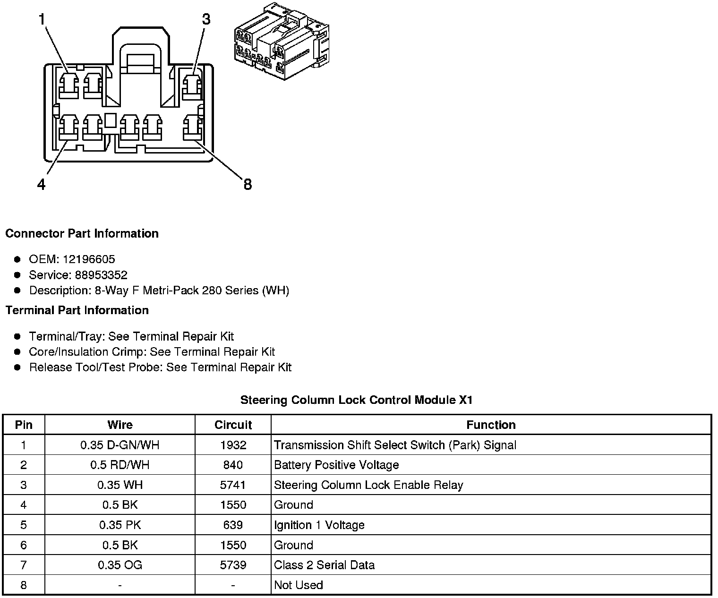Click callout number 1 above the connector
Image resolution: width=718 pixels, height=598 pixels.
(x=42, y=19)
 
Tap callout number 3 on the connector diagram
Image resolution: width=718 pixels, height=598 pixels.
(x=206, y=19)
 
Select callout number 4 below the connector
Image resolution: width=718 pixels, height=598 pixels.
(x=42, y=184)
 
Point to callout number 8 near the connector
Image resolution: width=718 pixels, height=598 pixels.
(x=248, y=184)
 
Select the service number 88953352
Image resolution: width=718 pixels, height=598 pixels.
(x=101, y=275)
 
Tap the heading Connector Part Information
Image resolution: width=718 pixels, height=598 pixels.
(x=82, y=234)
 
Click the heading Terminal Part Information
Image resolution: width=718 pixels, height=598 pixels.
(x=77, y=310)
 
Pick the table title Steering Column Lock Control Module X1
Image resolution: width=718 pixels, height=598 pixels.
(x=356, y=400)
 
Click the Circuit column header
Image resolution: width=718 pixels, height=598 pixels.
(x=233, y=425)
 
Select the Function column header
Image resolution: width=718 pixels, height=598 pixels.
(x=491, y=425)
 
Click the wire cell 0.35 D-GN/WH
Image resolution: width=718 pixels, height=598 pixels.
(x=120, y=445)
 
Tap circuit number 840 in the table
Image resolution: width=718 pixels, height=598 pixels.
(x=233, y=465)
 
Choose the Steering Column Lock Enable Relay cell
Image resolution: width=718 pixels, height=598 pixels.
(x=368, y=485)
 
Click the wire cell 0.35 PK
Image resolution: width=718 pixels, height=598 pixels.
(x=120, y=525)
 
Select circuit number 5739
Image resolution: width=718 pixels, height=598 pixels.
(x=233, y=565)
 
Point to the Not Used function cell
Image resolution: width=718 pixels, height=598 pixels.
(x=299, y=585)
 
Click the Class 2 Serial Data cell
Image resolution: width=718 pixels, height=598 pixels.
(x=324, y=565)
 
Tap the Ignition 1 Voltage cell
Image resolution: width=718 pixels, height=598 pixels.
(x=319, y=525)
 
